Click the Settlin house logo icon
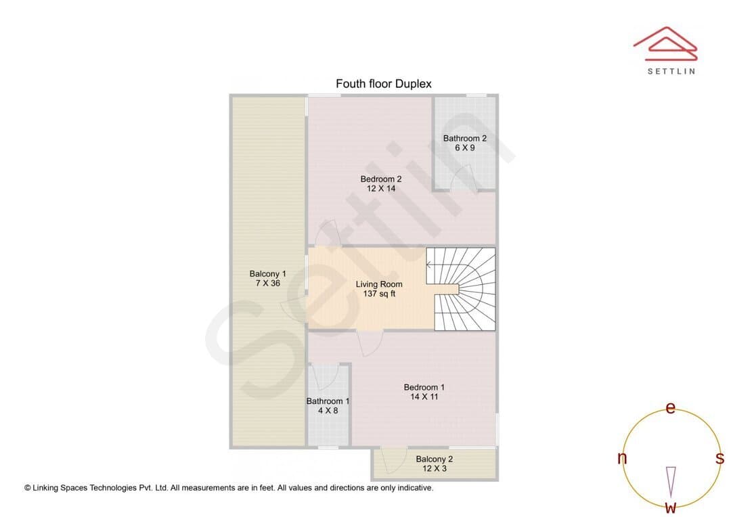click(665, 44)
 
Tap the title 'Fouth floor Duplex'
click(384, 84)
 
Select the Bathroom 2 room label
click(465, 139)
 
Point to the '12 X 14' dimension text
click(381, 189)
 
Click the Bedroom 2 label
click(381, 179)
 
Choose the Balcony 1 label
click(267, 274)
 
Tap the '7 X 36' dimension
click(267, 284)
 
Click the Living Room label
click(379, 284)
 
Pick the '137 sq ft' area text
click(379, 294)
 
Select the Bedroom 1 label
click(424, 387)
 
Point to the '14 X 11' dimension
click(424, 397)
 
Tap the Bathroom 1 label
click(328, 401)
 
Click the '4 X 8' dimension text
click(328, 411)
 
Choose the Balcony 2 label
click(435, 459)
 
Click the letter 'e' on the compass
click(670, 408)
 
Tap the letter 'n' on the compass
click(622, 458)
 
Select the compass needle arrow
click(671, 482)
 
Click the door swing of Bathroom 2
click(464, 177)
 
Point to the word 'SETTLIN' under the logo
click(671, 71)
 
